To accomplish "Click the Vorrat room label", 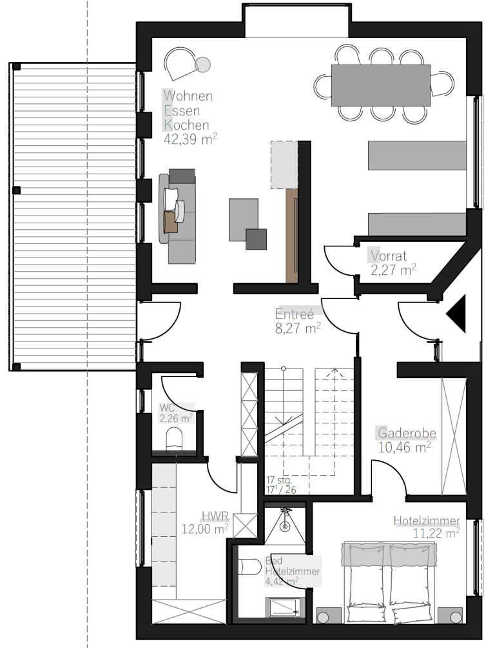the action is [x=389, y=256].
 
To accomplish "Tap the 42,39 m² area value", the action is [x=190, y=139].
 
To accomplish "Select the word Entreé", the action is [x=295, y=314].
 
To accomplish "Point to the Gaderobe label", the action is [x=407, y=433].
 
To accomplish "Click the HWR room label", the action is [x=215, y=516].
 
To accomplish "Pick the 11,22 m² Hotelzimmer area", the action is [x=436, y=532].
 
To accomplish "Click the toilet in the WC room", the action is [x=174, y=438].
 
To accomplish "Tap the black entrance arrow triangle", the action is [x=456, y=313].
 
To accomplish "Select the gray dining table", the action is [x=381, y=86].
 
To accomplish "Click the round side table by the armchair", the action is [x=203, y=65].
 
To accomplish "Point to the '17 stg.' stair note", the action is [x=278, y=480].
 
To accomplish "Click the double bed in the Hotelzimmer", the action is [x=389, y=583].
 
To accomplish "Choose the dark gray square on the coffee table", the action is [x=256, y=239].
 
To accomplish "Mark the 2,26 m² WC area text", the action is [x=176, y=418].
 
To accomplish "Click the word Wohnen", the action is [x=188, y=96].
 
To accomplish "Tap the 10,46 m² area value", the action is [x=405, y=447].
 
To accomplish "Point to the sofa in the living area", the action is [x=177, y=216].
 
